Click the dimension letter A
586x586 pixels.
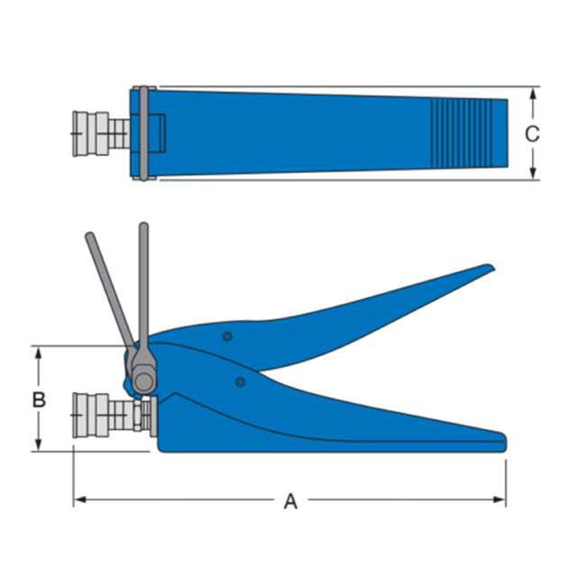(290, 501)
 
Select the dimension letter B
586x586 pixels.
(39, 399)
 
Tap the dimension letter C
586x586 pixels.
(533, 134)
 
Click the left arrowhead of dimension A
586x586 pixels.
(79, 499)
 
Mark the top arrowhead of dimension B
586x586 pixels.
(39, 352)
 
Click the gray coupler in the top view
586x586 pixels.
(99, 134)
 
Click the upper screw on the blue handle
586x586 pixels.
(227, 336)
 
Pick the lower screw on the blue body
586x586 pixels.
(240, 382)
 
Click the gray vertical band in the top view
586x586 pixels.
(142, 133)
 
